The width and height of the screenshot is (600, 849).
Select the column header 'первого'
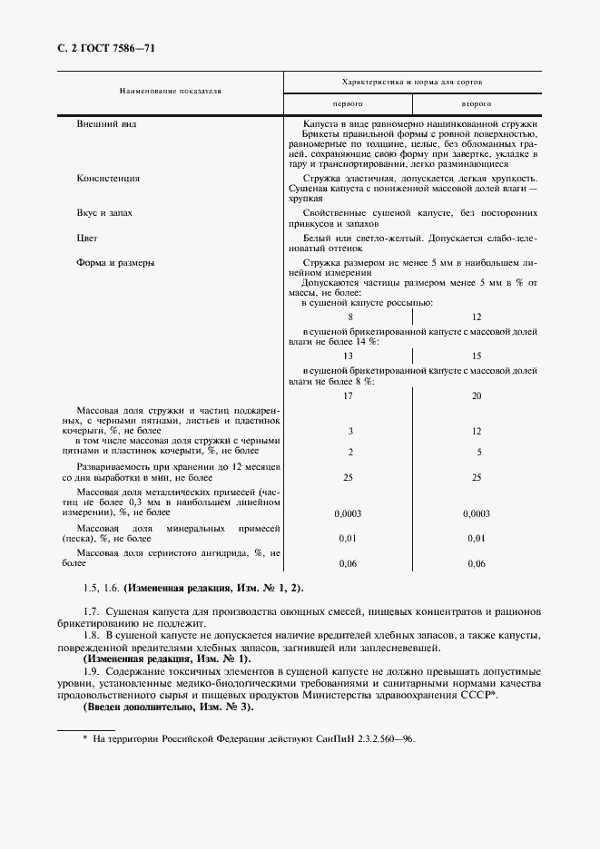point(349,103)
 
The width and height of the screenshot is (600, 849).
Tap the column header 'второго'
point(477,103)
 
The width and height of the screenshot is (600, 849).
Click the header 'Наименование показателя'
point(170,91)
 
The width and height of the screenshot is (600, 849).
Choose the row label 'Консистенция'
point(108,179)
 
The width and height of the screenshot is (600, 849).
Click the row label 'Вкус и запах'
point(104,212)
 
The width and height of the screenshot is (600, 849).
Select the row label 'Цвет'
point(88,238)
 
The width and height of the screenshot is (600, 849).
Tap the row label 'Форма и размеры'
point(114,263)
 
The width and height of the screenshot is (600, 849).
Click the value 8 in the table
point(349,317)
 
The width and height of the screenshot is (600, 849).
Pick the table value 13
point(349,356)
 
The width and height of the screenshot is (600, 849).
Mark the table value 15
point(477,356)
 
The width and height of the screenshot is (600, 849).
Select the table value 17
point(349,396)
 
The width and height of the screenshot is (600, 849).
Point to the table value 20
point(477,396)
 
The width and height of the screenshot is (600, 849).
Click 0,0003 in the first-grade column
point(349,513)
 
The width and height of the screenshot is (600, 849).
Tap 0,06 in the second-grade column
point(477,563)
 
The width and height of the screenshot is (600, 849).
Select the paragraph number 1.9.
point(90,670)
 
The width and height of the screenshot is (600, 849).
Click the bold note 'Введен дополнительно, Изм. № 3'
point(169,706)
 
